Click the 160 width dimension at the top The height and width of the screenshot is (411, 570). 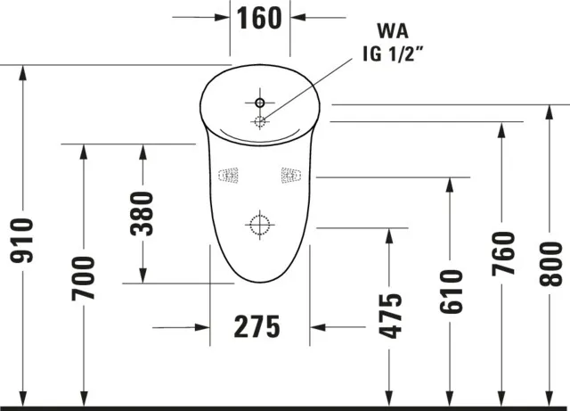click(x=261, y=17)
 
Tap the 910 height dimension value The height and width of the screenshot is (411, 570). click(x=20, y=241)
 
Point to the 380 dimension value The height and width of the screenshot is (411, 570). click(x=143, y=214)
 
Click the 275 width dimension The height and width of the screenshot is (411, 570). click(x=257, y=327)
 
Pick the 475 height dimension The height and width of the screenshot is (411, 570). click(x=390, y=316)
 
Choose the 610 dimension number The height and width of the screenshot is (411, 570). click(x=450, y=290)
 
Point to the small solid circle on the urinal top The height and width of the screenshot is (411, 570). click(x=259, y=102)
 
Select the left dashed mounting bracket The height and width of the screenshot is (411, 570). click(x=230, y=174)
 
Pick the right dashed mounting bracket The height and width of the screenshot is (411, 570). click(x=291, y=174)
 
